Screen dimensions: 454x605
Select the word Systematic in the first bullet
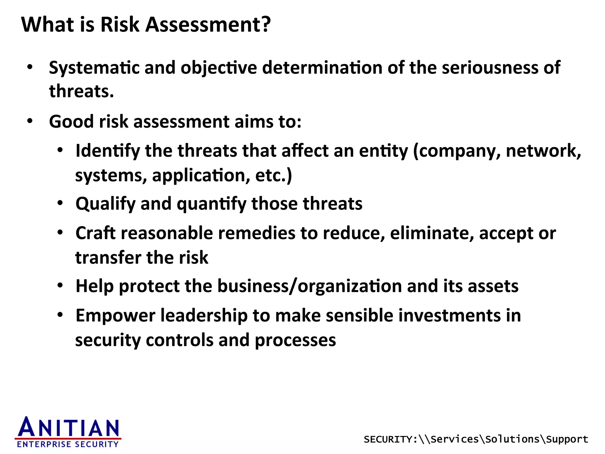pos(94,68)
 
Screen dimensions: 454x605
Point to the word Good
pos(71,121)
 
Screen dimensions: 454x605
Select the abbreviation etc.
pos(271,175)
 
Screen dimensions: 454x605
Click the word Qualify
pos(105,204)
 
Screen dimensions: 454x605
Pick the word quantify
pos(212,204)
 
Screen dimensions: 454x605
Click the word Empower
pos(116,316)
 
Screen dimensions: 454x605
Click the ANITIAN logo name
pos(69,427)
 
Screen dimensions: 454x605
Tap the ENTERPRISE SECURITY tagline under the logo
pos(68,444)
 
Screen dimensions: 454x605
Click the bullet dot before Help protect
pos(60,286)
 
